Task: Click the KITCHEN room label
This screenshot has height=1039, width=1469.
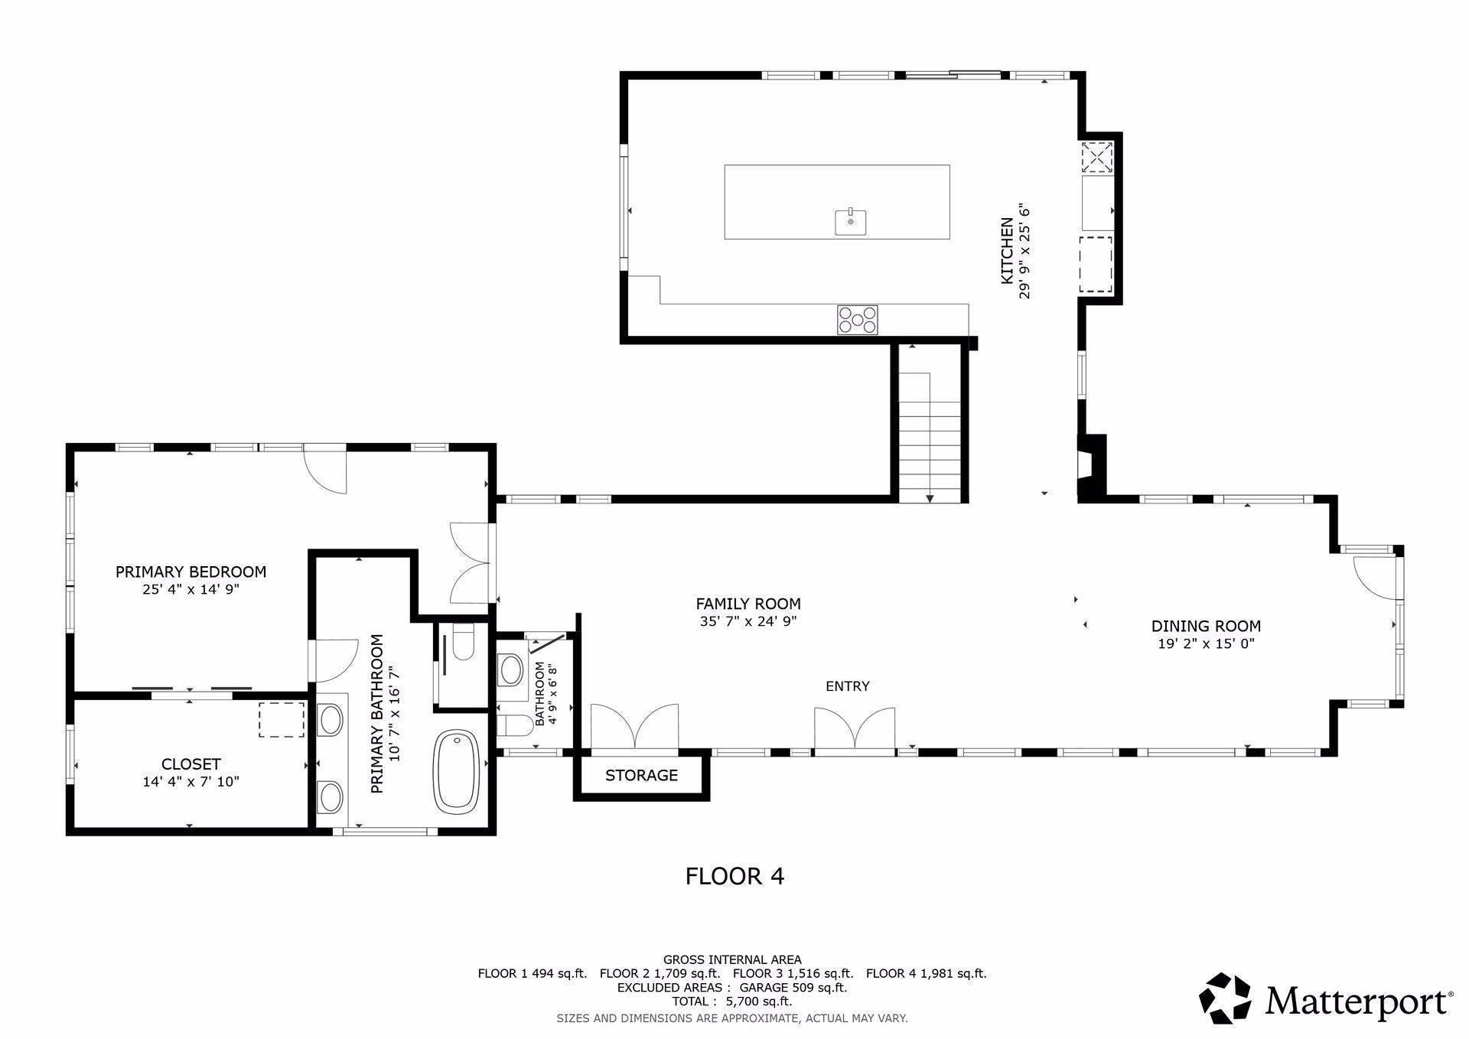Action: [1007, 251]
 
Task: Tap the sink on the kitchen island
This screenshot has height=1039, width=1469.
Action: [850, 222]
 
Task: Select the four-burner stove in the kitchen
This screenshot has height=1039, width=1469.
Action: [857, 319]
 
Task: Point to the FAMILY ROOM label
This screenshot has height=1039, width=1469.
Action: [748, 604]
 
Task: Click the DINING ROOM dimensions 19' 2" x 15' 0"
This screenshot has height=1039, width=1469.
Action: [1206, 643]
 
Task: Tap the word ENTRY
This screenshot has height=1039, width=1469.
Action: [847, 686]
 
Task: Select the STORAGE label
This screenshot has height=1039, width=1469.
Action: [641, 775]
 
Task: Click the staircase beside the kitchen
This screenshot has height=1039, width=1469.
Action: [930, 436]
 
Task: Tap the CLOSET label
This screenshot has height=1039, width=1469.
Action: [191, 764]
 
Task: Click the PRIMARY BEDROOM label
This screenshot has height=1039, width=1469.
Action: [191, 572]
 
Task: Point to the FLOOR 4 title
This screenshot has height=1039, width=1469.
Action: [734, 875]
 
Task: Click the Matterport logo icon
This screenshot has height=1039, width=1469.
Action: [1224, 998]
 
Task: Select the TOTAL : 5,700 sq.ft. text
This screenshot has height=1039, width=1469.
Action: [732, 1001]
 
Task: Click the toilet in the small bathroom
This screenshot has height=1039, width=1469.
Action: [514, 725]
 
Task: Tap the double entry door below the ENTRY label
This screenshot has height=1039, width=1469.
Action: [855, 731]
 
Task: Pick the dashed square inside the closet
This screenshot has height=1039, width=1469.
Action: [281, 720]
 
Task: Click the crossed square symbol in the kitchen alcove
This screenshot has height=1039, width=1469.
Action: [1096, 158]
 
